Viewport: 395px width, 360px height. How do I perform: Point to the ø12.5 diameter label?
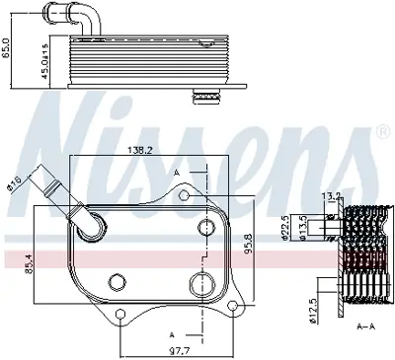click(x=286, y=306)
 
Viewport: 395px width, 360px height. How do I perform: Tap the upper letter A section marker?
click(x=177, y=172)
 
